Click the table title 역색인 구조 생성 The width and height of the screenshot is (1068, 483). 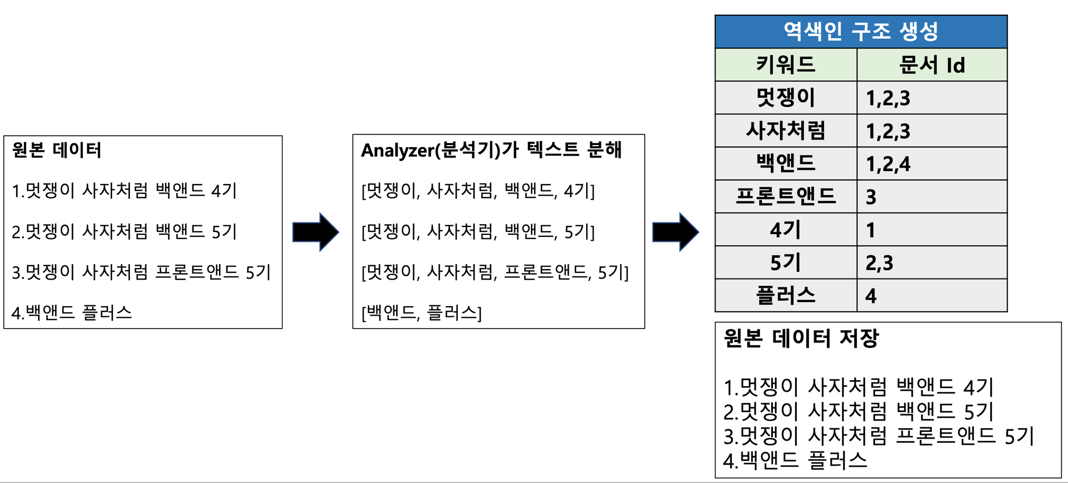(x=860, y=31)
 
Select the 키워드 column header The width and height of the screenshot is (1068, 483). (x=786, y=65)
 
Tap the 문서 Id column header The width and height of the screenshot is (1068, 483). (x=932, y=65)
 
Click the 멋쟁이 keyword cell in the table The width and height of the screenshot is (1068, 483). (x=786, y=98)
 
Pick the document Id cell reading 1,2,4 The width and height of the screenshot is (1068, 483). (x=932, y=164)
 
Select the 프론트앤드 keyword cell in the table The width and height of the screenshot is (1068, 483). (x=786, y=196)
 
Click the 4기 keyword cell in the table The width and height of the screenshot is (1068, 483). (x=786, y=230)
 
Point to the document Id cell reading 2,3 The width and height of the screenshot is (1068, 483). (x=932, y=262)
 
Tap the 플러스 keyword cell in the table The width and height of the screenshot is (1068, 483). (x=786, y=295)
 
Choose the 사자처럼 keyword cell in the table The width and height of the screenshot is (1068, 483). (x=786, y=130)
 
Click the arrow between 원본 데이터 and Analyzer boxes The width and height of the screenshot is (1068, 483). (x=315, y=232)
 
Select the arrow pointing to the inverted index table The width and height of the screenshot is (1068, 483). (x=675, y=232)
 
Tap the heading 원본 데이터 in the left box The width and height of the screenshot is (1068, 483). (x=56, y=150)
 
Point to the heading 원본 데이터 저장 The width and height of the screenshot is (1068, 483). (x=801, y=339)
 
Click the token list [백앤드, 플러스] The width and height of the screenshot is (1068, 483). (x=421, y=312)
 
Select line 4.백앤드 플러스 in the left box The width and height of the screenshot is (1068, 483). (x=72, y=312)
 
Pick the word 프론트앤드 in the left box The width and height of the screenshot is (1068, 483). (x=197, y=272)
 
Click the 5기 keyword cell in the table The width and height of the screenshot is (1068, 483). (x=786, y=262)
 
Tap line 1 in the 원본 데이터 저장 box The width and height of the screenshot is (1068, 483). (x=859, y=388)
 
